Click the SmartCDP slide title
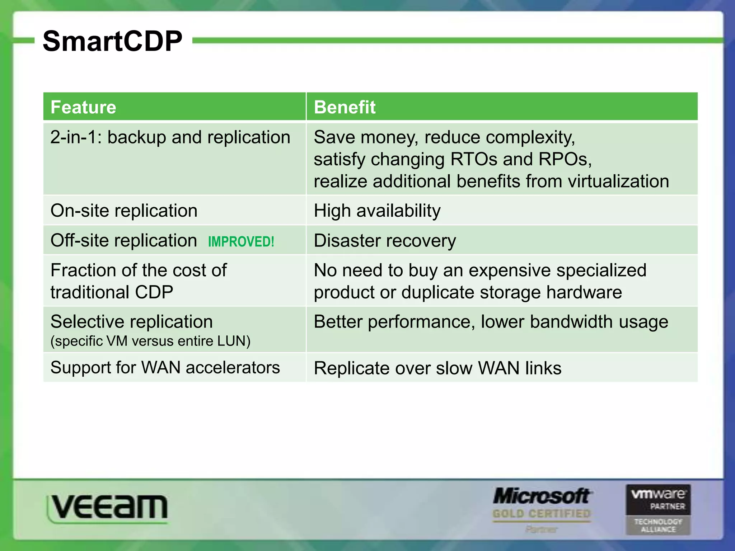click(112, 41)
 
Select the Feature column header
click(83, 107)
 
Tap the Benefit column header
click(345, 107)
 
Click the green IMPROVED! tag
click(241, 241)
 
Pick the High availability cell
click(377, 211)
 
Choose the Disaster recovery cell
click(385, 240)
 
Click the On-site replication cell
click(124, 211)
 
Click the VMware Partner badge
click(658, 509)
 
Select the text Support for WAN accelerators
click(165, 368)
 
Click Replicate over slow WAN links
click(437, 368)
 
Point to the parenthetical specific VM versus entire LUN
click(150, 341)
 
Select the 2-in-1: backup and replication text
click(170, 137)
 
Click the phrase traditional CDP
click(112, 292)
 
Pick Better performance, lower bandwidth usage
click(491, 322)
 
